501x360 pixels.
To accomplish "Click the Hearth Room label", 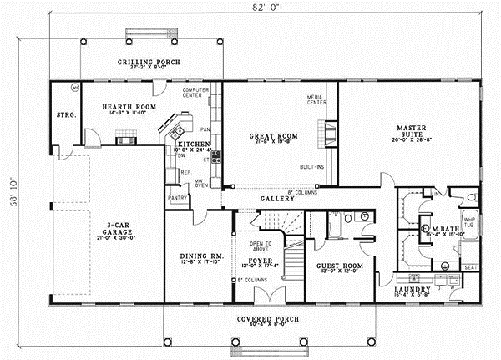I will click(126, 107).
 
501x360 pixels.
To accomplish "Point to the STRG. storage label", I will click(63, 114).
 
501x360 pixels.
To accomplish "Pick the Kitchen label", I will click(195, 144).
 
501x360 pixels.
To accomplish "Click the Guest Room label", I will click(339, 267).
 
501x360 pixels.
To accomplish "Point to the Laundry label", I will click(411, 289).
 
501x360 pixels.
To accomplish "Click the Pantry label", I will click(177, 197).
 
